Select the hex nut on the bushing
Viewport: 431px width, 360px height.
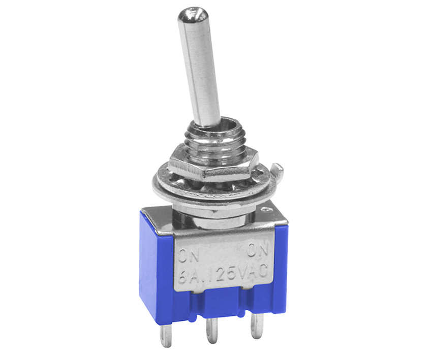click(213, 163)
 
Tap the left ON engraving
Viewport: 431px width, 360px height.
click(189, 256)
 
